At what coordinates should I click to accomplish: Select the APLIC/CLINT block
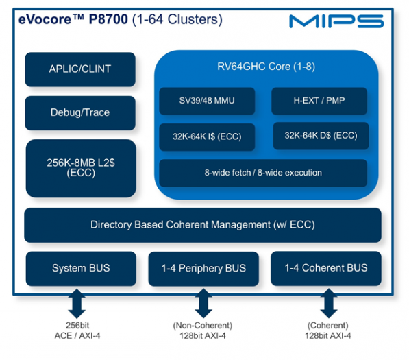tap(79, 69)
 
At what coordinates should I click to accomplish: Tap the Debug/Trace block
tap(79, 112)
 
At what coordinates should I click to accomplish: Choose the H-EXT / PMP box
tap(319, 101)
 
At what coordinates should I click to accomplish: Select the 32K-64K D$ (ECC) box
tap(320, 136)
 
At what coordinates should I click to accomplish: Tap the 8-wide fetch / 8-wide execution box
tap(263, 173)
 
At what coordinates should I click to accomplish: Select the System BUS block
tap(80, 268)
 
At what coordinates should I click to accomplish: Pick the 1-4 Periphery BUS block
tap(202, 268)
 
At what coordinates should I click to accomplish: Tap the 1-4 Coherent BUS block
tap(325, 268)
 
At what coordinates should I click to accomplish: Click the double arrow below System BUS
tap(76, 302)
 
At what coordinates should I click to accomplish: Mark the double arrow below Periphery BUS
tap(202, 302)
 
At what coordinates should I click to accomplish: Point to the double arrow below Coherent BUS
tap(327, 302)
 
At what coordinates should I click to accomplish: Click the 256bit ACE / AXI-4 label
tap(76, 331)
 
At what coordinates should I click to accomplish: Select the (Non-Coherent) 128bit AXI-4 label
tap(202, 331)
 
